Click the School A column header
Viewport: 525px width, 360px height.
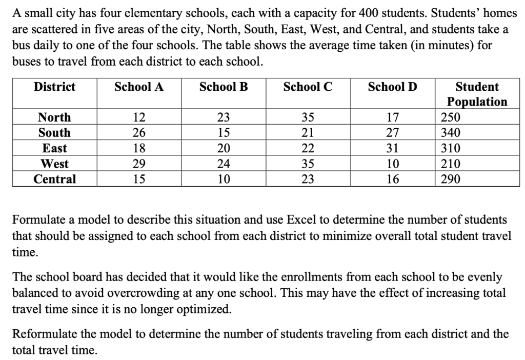click(139, 87)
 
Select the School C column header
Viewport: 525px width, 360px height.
click(308, 87)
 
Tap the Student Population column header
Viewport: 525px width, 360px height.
click(477, 94)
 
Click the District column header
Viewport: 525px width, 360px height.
click(54, 87)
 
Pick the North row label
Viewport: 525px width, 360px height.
click(54, 117)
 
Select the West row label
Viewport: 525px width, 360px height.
click(54, 164)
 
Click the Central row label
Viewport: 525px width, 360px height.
click(54, 179)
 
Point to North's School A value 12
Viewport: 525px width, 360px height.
click(139, 117)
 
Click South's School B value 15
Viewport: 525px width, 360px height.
click(224, 133)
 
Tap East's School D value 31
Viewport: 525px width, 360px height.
click(392, 149)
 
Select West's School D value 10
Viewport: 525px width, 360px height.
click(392, 164)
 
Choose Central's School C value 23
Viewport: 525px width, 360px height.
click(308, 179)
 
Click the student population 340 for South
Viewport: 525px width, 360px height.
click(451, 133)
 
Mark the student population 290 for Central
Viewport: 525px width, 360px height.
click(451, 179)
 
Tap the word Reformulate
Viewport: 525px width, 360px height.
click(45, 334)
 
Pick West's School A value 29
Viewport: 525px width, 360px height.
click(139, 164)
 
